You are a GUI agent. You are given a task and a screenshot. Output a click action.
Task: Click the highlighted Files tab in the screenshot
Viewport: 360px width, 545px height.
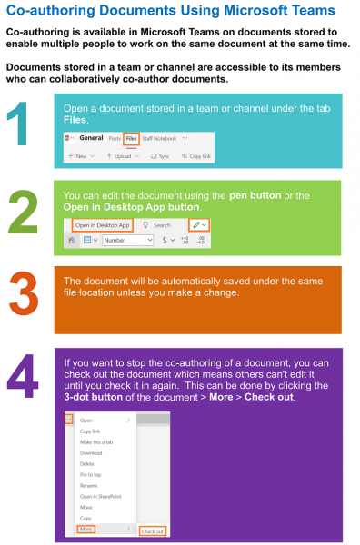(131, 139)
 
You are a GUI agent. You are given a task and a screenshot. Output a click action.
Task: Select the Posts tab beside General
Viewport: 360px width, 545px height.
(114, 139)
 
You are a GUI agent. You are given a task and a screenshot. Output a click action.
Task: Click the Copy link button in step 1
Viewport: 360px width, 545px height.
(197, 156)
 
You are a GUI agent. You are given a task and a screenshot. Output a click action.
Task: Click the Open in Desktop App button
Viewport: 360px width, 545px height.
(103, 224)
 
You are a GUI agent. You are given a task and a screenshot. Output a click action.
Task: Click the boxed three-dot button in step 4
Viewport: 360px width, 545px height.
(67, 419)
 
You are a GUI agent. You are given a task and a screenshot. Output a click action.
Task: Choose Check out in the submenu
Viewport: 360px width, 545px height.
(152, 530)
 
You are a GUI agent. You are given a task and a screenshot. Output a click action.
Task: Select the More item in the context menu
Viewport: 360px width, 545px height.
(87, 529)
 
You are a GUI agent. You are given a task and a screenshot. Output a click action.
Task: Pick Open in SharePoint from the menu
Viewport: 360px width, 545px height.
(101, 496)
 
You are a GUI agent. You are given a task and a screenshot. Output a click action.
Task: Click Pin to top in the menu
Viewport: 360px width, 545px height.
(92, 474)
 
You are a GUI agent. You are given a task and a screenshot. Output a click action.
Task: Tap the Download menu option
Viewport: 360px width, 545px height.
(91, 452)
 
